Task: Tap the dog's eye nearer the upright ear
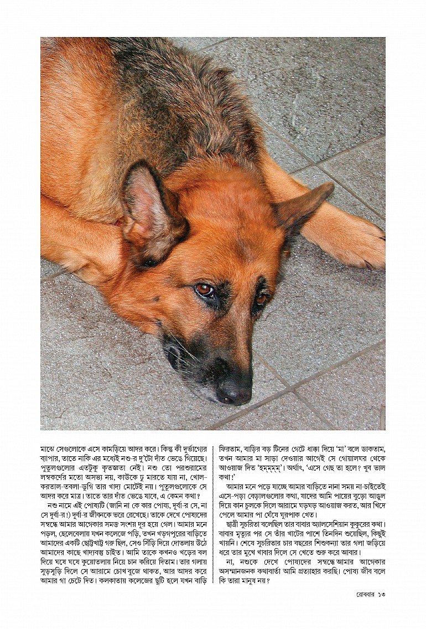(x=205, y=290)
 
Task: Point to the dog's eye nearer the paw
(x=261, y=298)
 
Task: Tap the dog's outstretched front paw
(x=354, y=243)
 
